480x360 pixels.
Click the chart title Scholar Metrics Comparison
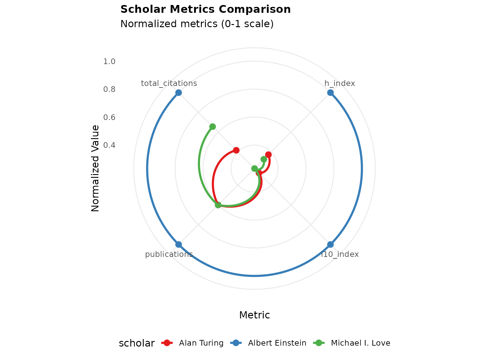(x=205, y=9)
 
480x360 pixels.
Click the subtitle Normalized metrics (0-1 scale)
(x=197, y=24)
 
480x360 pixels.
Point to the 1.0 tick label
(x=109, y=62)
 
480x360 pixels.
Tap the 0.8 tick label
(x=109, y=89)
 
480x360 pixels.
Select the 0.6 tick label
(x=109, y=117)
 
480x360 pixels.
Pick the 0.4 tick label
(x=109, y=145)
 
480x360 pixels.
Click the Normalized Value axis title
(x=95, y=168)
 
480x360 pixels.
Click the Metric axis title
(x=254, y=315)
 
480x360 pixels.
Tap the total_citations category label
(x=169, y=83)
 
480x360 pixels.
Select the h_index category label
(x=340, y=83)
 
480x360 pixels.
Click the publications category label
(x=169, y=254)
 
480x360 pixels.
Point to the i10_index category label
(x=340, y=254)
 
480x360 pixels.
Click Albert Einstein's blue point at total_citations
(x=178, y=92)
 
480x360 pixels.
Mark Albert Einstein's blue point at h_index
(x=330, y=92)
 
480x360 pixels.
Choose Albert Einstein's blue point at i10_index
(x=330, y=244)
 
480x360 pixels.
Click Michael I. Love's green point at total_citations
(x=212, y=127)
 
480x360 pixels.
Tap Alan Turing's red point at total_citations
(x=236, y=150)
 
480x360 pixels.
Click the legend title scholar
(x=137, y=343)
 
